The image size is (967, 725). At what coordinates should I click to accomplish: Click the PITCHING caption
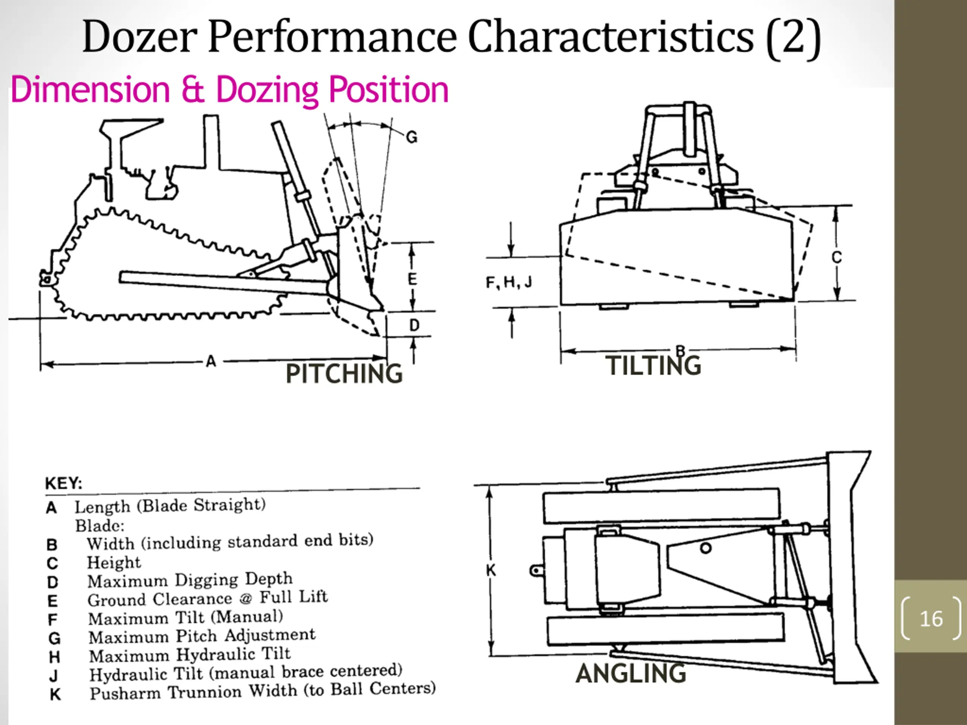pos(344,374)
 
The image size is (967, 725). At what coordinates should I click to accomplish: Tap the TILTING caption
pos(653,366)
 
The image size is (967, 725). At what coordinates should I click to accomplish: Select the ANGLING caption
pos(631,673)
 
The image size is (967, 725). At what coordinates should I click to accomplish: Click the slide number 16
pos(931,619)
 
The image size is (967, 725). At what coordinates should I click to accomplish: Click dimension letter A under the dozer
pos(211,361)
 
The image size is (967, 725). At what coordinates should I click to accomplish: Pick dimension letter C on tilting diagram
pos(836,258)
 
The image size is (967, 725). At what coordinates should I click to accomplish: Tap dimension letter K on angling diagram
pos(491,570)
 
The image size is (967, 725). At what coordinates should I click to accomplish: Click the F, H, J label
pos(509,282)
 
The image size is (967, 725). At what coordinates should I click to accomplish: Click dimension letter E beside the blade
pos(412,279)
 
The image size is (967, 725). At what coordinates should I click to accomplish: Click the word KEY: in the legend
pos(63,483)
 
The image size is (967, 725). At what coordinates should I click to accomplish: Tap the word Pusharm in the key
pos(125,694)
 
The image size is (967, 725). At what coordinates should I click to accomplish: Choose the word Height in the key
pos(114,562)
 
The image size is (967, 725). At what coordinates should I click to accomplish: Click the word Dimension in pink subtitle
pos(90,89)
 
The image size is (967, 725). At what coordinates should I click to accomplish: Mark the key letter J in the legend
pos(53,676)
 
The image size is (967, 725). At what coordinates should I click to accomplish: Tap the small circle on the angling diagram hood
pos(706,548)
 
